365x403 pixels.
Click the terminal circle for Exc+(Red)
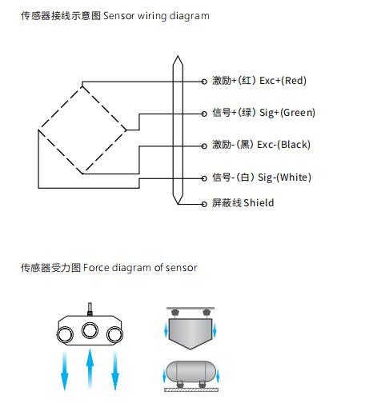(x=204, y=82)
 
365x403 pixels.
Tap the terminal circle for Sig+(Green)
(x=204, y=114)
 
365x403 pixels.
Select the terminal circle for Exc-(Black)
(x=204, y=146)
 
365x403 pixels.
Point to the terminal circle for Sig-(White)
(x=204, y=178)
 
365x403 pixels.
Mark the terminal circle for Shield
(x=204, y=204)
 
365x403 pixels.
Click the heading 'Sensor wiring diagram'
(x=156, y=16)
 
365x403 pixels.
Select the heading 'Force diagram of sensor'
(x=140, y=268)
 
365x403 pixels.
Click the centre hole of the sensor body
(x=90, y=330)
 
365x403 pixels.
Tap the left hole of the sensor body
(x=65, y=334)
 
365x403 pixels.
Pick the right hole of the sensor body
(x=114, y=335)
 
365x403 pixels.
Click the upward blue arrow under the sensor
(x=90, y=369)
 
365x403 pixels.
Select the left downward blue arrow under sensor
(x=65, y=371)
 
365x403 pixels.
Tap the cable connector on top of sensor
(x=90, y=309)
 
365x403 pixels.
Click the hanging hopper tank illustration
(x=191, y=329)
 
